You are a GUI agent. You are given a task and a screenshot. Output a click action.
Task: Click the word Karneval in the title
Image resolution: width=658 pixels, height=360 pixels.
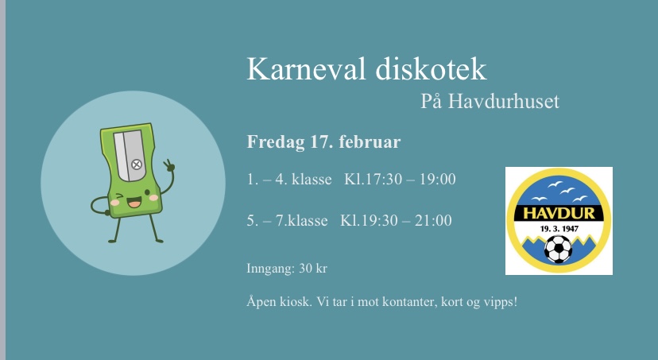[x=306, y=68]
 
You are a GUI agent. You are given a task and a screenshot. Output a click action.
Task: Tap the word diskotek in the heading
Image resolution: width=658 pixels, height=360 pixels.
[x=431, y=68]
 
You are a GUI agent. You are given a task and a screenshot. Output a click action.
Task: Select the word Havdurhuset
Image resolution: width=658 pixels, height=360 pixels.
[x=504, y=101]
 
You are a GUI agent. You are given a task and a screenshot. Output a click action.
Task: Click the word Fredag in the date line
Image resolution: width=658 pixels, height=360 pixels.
[x=275, y=142]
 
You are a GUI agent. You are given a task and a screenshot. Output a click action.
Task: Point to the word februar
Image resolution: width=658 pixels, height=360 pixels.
[x=370, y=141]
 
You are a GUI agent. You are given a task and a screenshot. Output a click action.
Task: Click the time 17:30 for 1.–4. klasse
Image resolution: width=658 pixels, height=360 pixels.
[x=378, y=179]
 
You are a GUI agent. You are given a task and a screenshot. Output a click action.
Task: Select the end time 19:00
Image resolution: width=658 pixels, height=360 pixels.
[x=438, y=179]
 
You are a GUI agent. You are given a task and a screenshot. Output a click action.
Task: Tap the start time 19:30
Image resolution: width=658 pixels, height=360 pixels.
[x=374, y=220]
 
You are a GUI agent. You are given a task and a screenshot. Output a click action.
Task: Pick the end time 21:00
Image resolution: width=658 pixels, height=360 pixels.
[x=433, y=220]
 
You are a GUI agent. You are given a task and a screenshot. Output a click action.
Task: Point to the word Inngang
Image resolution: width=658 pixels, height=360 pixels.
[x=270, y=269]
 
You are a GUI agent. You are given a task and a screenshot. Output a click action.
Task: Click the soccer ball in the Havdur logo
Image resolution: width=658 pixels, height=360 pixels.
[x=558, y=249]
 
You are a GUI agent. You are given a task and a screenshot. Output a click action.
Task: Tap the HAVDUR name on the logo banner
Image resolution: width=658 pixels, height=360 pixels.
[x=559, y=213]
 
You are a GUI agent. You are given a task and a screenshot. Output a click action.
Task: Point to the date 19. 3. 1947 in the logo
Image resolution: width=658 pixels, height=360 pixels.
[x=559, y=229]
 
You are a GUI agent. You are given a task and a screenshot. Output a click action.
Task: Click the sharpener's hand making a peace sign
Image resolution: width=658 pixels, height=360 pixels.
[x=169, y=166]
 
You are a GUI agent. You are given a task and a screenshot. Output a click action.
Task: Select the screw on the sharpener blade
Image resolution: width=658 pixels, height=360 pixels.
[x=137, y=164]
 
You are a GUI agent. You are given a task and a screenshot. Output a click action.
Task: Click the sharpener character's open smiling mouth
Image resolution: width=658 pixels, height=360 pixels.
[x=134, y=203]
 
